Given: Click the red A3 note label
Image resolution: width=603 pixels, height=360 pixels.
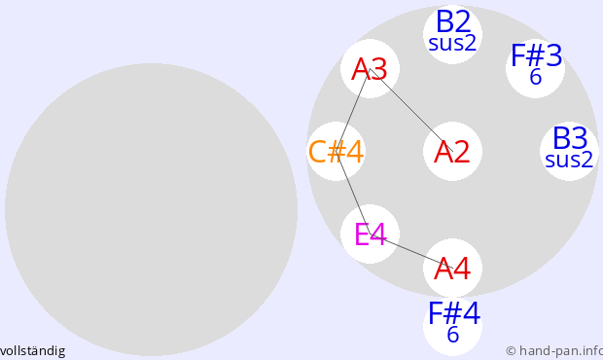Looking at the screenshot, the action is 370,69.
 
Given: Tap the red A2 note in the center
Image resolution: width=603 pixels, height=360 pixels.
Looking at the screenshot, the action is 452,152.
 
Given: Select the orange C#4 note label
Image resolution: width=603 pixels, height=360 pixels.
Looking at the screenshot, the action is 337,152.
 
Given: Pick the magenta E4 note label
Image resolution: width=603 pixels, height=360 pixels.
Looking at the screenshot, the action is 370,234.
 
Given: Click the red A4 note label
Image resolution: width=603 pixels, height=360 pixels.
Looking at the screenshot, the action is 452,269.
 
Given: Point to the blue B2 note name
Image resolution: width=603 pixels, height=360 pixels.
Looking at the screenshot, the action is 453,22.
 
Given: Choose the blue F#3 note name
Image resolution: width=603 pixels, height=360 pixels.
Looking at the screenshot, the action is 536,56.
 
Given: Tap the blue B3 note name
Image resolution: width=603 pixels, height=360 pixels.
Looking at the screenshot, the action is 570,138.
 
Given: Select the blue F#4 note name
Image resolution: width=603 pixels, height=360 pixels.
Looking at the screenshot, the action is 454,313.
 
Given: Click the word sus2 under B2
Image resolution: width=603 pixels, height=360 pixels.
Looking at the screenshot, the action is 452,43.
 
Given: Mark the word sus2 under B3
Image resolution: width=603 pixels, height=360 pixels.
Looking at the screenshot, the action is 569,160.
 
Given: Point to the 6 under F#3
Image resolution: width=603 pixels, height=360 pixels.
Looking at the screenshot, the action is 535,77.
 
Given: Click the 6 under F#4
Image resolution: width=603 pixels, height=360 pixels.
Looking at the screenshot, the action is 452,335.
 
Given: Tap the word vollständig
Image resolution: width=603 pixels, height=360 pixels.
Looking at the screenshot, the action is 32,351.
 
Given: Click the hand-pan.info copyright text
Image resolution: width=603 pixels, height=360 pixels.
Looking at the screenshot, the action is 554,351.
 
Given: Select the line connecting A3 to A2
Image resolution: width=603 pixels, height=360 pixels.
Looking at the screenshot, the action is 411,110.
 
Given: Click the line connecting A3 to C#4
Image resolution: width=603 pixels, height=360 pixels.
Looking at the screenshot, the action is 353,110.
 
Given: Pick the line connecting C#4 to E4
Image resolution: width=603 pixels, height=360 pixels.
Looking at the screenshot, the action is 353,193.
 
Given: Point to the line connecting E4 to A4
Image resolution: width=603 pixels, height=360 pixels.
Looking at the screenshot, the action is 411,251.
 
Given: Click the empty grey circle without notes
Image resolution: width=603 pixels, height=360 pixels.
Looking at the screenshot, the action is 151,209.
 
